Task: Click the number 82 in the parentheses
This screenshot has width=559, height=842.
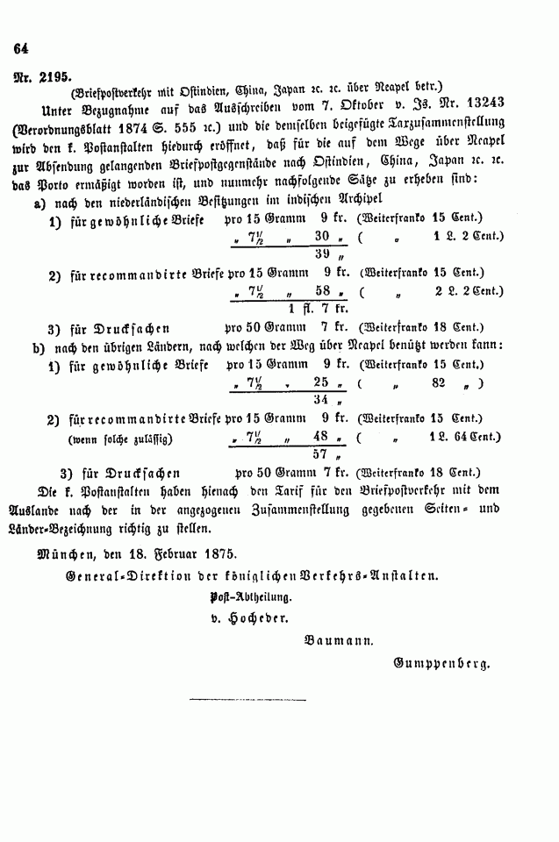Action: [439, 382]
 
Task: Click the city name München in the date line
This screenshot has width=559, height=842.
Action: [65, 554]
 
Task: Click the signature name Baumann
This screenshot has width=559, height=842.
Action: [339, 641]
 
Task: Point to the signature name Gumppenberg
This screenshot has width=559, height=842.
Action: [441, 664]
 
